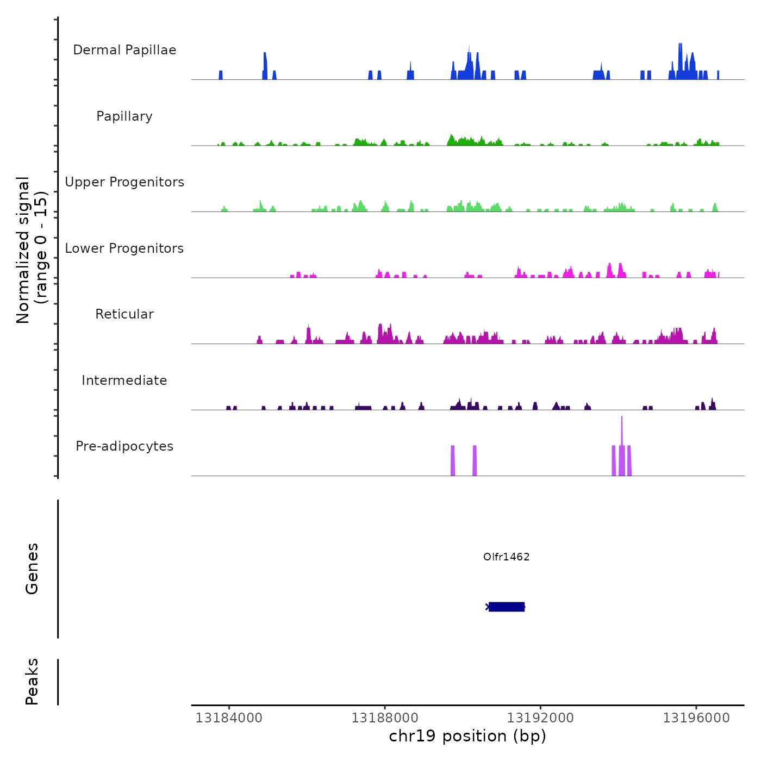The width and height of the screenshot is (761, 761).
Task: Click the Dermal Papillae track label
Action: click(x=124, y=50)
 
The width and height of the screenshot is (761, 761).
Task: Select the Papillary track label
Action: click(x=124, y=116)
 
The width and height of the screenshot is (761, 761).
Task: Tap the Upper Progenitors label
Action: click(x=124, y=182)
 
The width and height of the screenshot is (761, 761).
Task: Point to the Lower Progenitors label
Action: click(x=124, y=248)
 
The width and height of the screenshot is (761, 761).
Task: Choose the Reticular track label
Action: click(x=124, y=314)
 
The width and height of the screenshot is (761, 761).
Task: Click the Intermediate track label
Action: click(x=124, y=380)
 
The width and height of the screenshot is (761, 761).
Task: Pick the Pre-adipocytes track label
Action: click(x=124, y=446)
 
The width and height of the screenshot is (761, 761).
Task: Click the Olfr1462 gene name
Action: click(x=506, y=557)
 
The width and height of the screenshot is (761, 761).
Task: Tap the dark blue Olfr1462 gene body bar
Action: click(x=506, y=607)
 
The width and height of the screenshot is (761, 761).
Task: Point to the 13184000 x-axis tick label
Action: click(x=229, y=718)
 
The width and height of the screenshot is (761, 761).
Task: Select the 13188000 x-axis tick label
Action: click(x=385, y=718)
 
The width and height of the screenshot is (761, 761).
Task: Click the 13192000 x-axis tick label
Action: click(x=540, y=718)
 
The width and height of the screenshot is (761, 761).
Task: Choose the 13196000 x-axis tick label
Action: click(x=696, y=718)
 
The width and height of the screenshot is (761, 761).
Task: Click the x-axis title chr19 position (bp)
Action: click(x=467, y=736)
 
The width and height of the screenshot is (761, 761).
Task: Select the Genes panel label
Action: click(x=32, y=569)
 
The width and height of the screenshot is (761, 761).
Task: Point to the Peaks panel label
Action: click(x=32, y=682)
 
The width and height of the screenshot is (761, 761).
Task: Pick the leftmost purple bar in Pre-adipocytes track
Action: click(x=453, y=460)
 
